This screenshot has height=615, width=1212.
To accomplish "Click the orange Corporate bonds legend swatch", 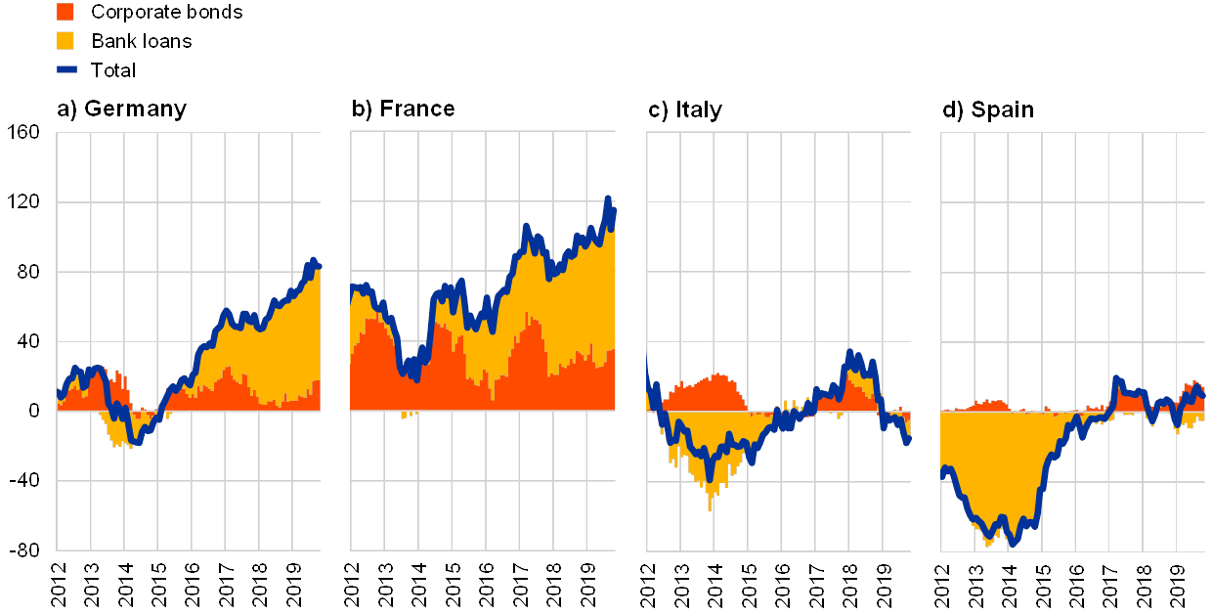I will point(66,12).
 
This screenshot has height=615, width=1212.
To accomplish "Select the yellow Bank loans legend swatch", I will point(66,41).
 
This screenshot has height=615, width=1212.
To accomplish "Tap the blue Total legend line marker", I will point(66,69).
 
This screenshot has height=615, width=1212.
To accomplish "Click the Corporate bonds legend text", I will point(166,12).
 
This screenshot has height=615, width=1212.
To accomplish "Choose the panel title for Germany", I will point(122,110).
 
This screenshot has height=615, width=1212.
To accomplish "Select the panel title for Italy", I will point(685,110).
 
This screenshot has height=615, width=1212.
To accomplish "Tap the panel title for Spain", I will point(988,110).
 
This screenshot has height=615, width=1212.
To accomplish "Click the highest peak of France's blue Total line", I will point(608,198).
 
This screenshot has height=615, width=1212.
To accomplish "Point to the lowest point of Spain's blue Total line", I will point(1013,544).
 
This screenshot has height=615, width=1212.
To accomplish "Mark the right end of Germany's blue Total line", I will point(319,266).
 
